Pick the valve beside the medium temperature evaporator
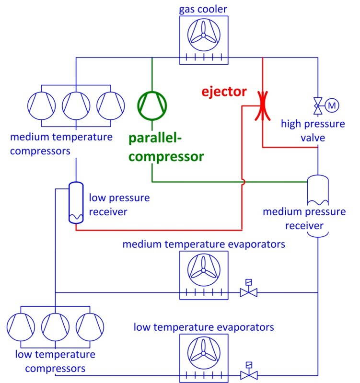tap(249, 291)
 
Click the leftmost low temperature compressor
tap(21, 326)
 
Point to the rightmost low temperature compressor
tap(90, 326)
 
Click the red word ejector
tap(224, 91)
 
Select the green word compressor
tap(166, 156)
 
